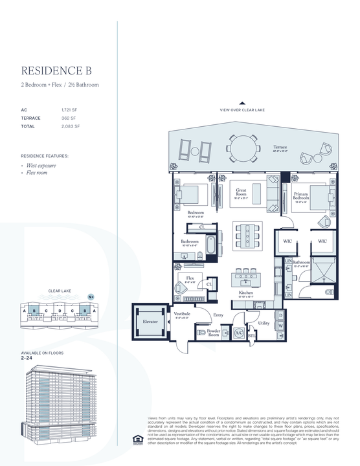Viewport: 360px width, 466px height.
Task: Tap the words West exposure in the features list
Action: (41, 166)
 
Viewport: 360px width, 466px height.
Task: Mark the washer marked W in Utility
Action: (280, 327)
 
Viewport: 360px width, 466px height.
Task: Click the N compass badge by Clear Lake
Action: (91, 296)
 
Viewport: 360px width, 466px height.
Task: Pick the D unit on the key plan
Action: (59, 311)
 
